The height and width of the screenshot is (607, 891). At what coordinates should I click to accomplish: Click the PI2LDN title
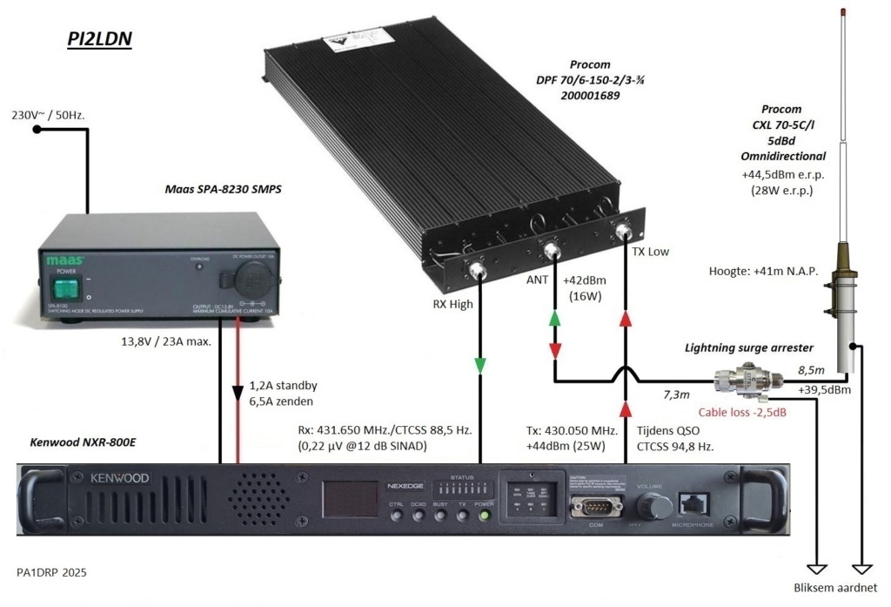(99, 40)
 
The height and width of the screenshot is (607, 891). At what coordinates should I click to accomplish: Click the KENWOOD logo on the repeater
(109, 479)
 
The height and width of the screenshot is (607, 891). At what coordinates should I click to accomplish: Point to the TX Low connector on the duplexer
(623, 233)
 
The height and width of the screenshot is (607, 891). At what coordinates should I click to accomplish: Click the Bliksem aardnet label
(836, 585)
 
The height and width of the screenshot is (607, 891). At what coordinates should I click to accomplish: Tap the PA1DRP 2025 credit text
(51, 572)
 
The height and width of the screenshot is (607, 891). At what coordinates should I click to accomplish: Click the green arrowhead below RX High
(479, 365)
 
